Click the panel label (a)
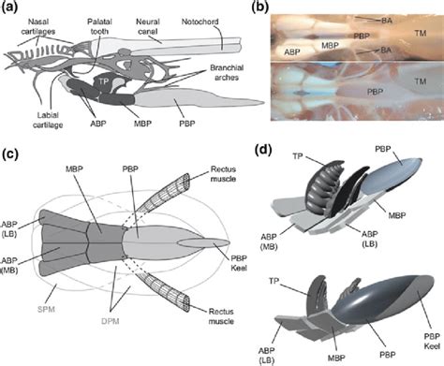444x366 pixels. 10,7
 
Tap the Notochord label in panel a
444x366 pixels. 200,22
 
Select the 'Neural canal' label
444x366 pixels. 147,26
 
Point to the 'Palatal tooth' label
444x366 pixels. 99,26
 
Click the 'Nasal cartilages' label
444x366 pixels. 38,26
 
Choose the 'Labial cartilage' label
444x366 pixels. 48,120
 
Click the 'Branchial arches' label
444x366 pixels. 227,72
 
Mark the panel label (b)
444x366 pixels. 260,7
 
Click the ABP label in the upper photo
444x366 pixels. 292,52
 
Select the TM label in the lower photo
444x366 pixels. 421,81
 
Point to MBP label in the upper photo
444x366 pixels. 330,46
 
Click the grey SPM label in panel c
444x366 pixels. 46,309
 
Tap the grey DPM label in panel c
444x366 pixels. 111,321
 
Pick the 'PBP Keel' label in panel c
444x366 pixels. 239,263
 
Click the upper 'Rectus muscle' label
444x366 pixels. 223,174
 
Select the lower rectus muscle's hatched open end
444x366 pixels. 186,304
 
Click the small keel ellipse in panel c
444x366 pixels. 204,243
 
